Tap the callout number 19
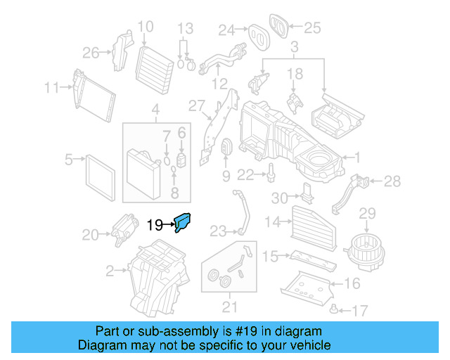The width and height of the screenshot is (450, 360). tap(155, 225)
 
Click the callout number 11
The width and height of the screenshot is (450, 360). tap(51, 88)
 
